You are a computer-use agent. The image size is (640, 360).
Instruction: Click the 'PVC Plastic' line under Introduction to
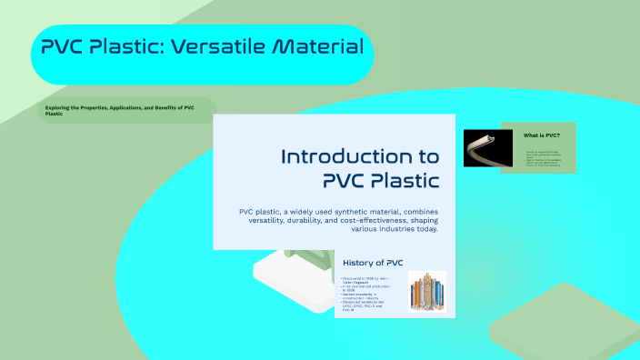click(x=381, y=178)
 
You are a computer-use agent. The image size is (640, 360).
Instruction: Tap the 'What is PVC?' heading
click(x=542, y=134)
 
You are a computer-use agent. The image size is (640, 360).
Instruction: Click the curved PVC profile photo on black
click(x=481, y=148)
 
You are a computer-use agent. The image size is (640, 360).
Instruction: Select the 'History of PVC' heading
click(x=373, y=263)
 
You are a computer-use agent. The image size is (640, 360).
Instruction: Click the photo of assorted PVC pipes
click(x=427, y=294)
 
